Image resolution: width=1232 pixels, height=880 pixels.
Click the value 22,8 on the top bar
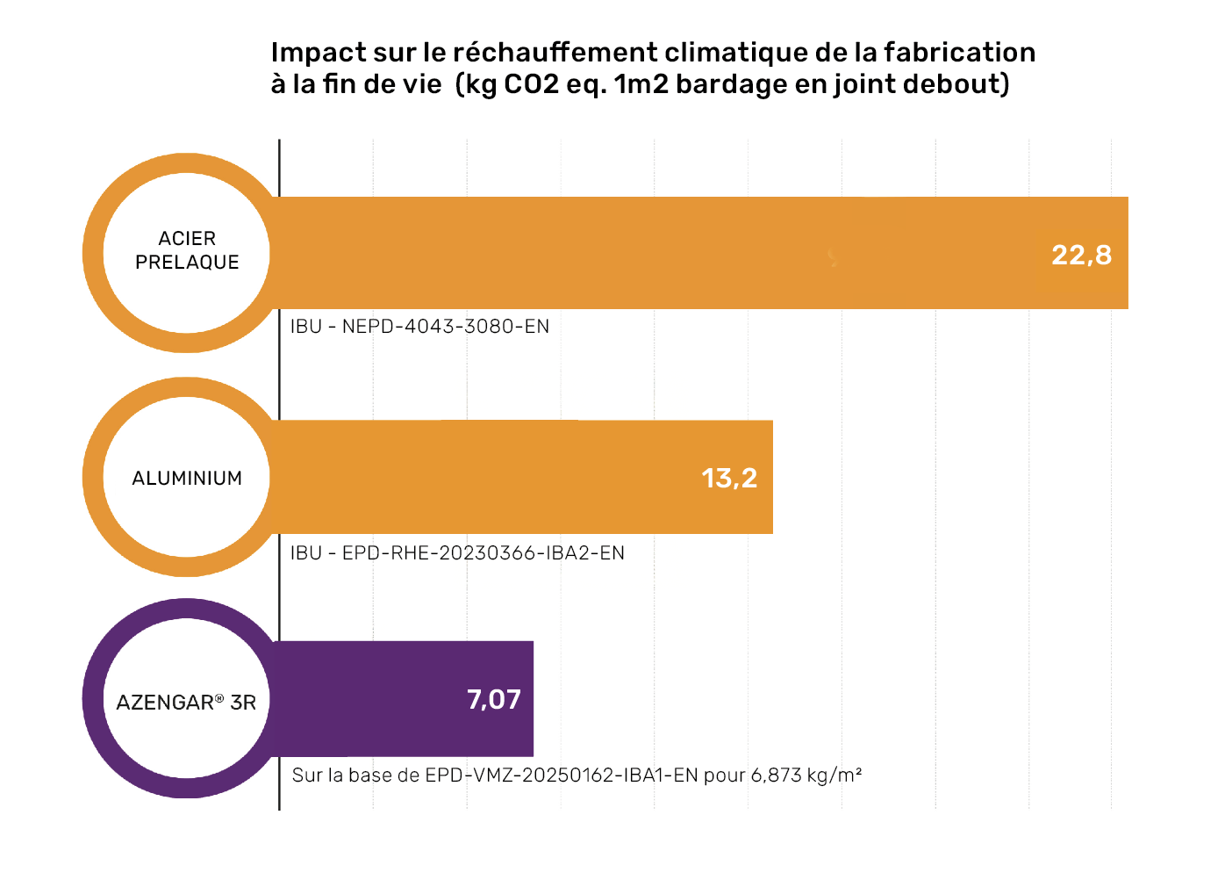(1081, 255)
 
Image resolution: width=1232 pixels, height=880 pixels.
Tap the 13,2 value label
(729, 478)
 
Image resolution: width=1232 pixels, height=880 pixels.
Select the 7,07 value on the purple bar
(494, 699)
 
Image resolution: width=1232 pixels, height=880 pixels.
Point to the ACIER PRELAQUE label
(187, 250)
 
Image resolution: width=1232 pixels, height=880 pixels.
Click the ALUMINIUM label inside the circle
(187, 478)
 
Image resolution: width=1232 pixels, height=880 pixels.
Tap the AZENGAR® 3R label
(186, 702)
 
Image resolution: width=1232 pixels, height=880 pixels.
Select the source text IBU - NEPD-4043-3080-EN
(419, 327)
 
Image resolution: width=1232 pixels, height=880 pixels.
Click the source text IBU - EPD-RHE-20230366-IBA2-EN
(457, 552)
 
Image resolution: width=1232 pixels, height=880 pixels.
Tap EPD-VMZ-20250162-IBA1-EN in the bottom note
(562, 775)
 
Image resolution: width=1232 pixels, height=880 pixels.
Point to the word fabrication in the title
(959, 53)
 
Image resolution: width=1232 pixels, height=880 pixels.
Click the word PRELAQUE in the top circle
(187, 263)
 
